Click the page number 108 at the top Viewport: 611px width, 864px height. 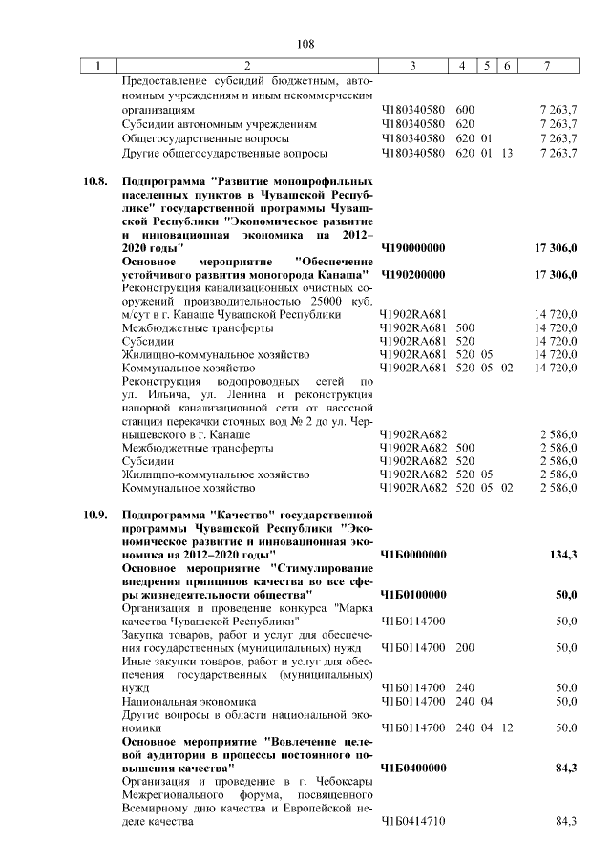pyautogui.click(x=305, y=44)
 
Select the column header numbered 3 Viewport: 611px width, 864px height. pyautogui.click(x=412, y=66)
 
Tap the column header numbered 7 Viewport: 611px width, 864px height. pyautogui.click(x=546, y=66)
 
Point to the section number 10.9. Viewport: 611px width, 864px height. pyautogui.click(x=95, y=515)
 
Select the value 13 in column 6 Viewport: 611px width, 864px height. pyautogui.click(x=507, y=153)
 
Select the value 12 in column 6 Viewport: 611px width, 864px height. pyautogui.click(x=507, y=727)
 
